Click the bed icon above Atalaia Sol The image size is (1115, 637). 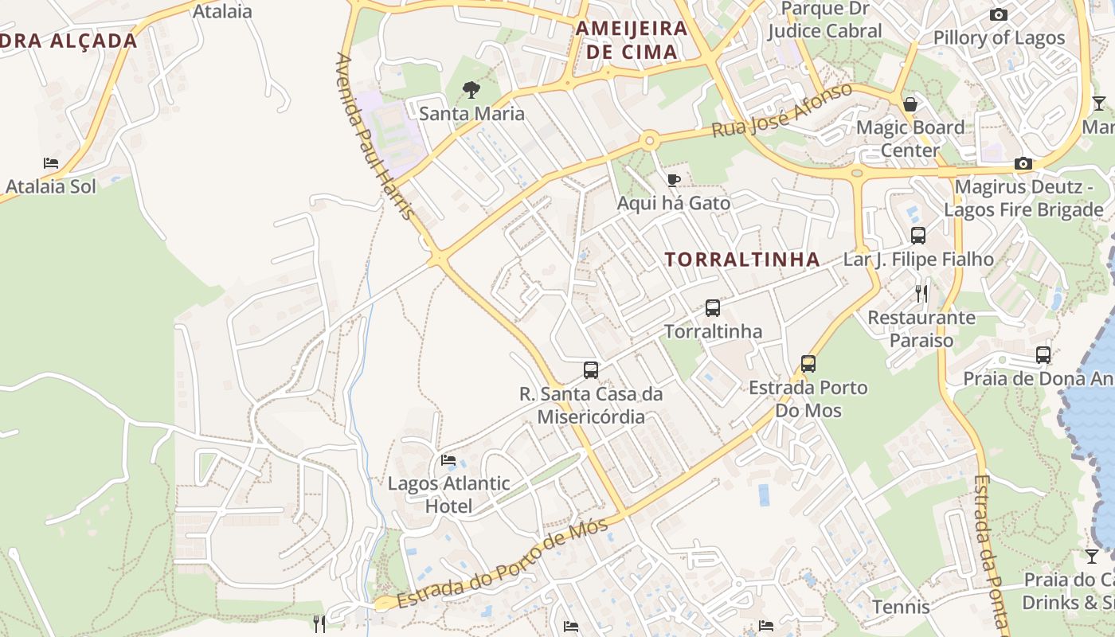pos(51,163)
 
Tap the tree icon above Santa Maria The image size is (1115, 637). pos(471,89)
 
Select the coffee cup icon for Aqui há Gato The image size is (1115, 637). pos(673,180)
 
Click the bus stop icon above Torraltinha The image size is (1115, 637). pos(713,308)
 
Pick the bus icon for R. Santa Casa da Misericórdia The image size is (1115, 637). pos(590,370)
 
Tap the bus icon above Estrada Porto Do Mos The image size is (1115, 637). pos(808,364)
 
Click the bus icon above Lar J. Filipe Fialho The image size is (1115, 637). pos(918,236)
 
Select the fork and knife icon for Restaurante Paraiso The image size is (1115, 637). pos(921,294)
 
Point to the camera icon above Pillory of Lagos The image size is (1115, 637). pos(998,14)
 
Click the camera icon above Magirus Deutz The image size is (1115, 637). pos(1023,164)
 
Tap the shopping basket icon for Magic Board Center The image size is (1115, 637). pos(910,104)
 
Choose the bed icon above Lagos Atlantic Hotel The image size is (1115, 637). pos(448,460)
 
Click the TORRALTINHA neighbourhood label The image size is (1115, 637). pos(742,260)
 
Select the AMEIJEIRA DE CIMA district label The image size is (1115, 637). pos(631,41)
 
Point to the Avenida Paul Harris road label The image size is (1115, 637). pos(375,136)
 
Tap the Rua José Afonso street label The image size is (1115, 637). pos(781,110)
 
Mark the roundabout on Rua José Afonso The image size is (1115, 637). pos(650,142)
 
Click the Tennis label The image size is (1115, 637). pos(901,608)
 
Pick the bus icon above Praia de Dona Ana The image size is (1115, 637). pos(1043,355)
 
